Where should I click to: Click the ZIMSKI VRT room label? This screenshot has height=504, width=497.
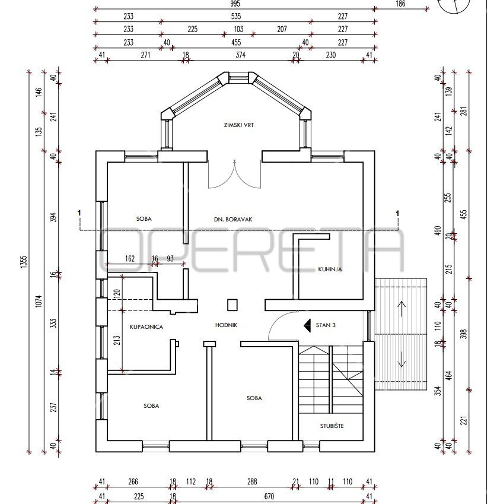[x=238, y=125]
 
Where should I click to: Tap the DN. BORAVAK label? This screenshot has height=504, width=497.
[x=233, y=220]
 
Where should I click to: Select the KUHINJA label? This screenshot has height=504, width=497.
[x=330, y=270]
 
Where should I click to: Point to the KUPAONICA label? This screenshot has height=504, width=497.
[x=146, y=327]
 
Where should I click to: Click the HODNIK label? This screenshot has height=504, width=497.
[x=227, y=325]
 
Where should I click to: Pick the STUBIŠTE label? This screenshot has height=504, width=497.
[x=332, y=426]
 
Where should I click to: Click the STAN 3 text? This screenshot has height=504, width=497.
[x=326, y=325]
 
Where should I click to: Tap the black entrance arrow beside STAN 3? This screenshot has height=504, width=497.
[x=307, y=325]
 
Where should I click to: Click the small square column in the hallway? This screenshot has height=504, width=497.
[x=232, y=305]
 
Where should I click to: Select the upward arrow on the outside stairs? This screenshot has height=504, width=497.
[x=402, y=309]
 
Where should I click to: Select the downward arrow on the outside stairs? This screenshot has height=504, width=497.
[x=402, y=359]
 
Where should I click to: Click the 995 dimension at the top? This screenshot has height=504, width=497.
[x=235, y=4]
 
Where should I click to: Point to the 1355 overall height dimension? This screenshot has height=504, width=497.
[x=24, y=262]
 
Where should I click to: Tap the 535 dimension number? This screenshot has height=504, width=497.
[x=236, y=17]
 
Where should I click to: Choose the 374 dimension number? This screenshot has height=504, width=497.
[x=240, y=55]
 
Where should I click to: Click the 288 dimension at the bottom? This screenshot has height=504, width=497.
[x=252, y=481]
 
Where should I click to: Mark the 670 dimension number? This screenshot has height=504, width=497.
[x=269, y=497]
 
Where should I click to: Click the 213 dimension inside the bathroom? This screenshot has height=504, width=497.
[x=117, y=340]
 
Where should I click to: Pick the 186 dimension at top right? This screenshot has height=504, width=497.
[x=400, y=4]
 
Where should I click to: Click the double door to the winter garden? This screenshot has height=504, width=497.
[x=235, y=174]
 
